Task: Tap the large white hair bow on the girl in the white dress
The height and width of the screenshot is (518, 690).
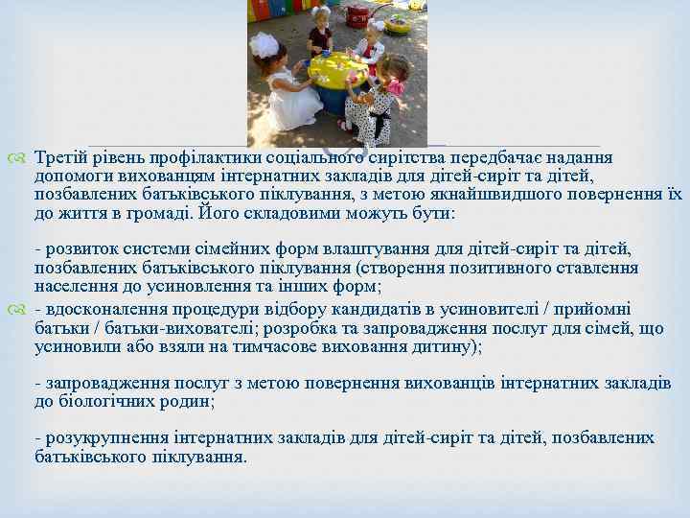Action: click(x=264, y=45)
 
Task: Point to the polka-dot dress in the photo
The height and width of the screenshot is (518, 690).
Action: click(x=373, y=113)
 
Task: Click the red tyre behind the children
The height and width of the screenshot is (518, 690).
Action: click(x=356, y=15)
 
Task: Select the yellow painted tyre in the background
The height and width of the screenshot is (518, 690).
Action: click(x=397, y=25)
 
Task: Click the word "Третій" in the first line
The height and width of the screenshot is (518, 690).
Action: click(x=59, y=157)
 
